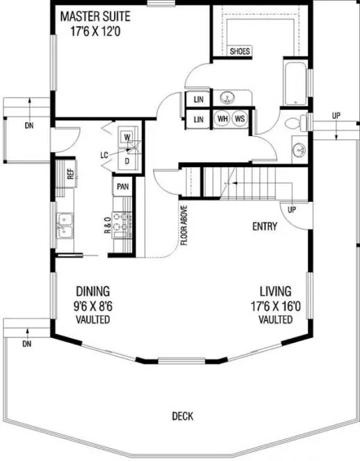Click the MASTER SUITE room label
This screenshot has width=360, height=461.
[x=95, y=16]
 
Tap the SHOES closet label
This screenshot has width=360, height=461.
[x=240, y=51]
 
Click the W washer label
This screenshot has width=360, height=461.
[x=128, y=137]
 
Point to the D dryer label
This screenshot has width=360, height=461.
[x=128, y=160]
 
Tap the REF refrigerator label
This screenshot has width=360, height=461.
[x=70, y=173]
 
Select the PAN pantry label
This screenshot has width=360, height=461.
[x=122, y=187]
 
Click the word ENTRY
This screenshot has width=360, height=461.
[x=265, y=226]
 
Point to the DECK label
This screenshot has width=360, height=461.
[x=183, y=417]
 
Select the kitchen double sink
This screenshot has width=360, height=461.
[x=65, y=226]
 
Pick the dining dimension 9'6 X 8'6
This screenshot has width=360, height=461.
[x=93, y=305]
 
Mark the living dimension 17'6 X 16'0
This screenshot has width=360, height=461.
[x=275, y=305]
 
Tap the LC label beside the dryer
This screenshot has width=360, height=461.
[x=104, y=155]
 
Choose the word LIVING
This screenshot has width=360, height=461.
[x=275, y=292]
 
